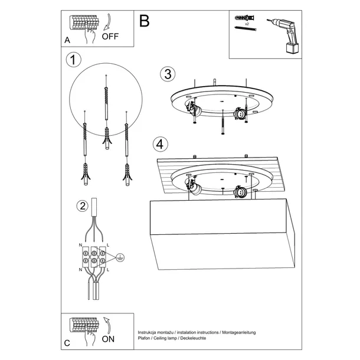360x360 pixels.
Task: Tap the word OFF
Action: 110,36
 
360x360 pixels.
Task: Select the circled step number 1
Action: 73,60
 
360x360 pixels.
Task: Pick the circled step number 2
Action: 83,206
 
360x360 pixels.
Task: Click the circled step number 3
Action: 168,74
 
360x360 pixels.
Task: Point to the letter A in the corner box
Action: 67,41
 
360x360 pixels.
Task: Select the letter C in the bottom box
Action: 67,343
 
